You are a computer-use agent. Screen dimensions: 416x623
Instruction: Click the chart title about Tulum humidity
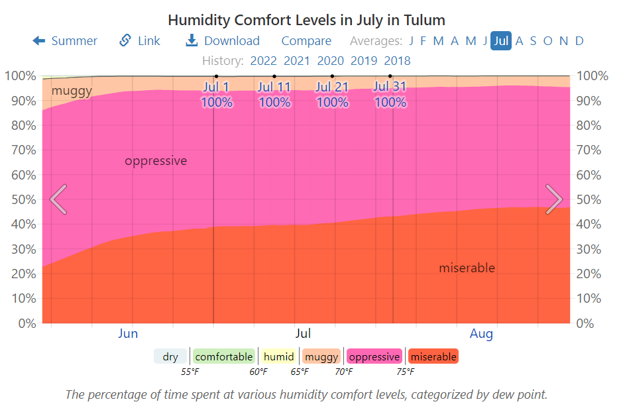point(306,20)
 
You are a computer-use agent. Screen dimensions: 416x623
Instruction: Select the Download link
point(223,41)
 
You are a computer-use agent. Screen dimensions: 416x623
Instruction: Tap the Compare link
point(306,41)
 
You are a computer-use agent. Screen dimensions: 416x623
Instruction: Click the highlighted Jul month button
point(501,41)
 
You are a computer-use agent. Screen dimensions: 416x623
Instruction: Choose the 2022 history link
point(263,61)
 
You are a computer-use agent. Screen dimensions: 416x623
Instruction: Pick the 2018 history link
point(398,61)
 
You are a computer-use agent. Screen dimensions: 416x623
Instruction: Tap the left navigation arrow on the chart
point(58,199)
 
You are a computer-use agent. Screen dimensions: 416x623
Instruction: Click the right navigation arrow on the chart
point(553,199)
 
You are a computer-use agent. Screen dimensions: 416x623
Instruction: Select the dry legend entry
point(170,356)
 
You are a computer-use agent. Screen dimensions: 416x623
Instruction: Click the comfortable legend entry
point(224,356)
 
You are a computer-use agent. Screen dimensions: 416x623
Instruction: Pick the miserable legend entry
point(433,356)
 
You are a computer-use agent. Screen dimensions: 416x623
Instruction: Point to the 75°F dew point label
point(406,372)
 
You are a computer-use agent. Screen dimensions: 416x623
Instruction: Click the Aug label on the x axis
point(481,334)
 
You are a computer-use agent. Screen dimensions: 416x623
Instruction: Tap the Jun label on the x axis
point(128,334)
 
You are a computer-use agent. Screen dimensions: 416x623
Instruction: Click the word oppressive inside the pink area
point(156,161)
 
